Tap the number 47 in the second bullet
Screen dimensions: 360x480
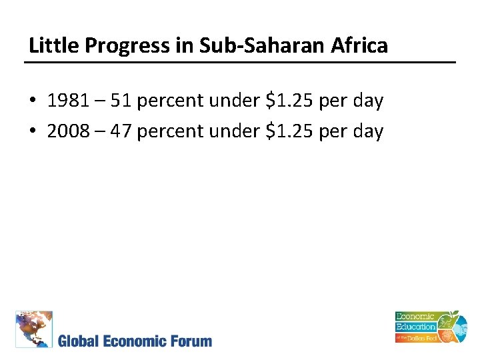point(122,131)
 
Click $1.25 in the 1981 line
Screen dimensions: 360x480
point(291,101)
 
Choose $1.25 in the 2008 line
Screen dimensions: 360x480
point(291,131)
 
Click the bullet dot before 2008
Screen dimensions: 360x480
point(33,131)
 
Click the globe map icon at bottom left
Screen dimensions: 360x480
point(34,329)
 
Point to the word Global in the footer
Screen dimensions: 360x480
point(79,341)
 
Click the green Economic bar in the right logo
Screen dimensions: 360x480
point(415,317)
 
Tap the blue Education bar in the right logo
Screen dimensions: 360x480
point(416,327)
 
